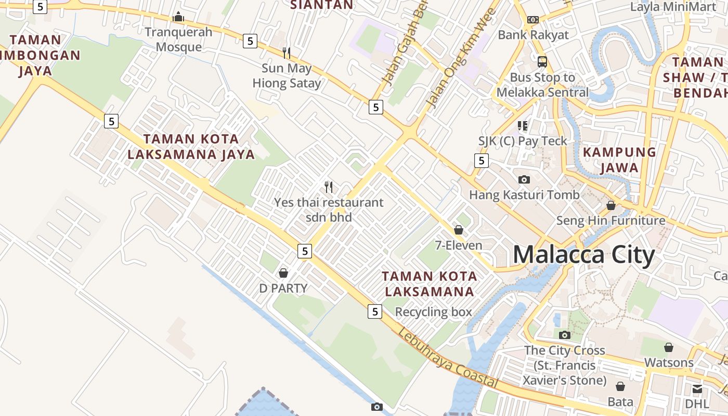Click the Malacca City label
583,255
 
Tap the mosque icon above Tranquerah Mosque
178,17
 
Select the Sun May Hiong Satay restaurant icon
286,53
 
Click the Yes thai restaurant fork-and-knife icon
329,187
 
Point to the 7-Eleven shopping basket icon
459,229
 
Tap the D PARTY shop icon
283,272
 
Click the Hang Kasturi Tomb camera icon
524,179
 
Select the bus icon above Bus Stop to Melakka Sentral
542,61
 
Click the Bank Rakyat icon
533,19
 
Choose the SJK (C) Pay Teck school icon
523,125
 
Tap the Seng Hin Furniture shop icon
611,205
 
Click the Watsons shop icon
669,347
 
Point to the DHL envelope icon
697,388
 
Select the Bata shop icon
620,386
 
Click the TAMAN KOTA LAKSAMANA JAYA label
191,147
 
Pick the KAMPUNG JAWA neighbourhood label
619,160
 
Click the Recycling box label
434,312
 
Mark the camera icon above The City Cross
565,335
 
